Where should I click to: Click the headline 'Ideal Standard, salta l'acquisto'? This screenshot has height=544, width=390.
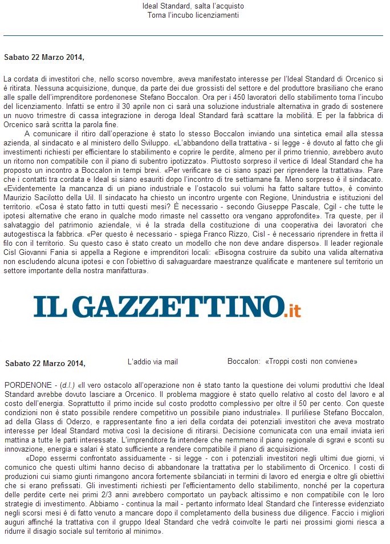[193, 6]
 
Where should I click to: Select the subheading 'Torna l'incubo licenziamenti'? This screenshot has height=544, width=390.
[193, 15]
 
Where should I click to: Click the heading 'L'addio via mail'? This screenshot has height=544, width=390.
[153, 362]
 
